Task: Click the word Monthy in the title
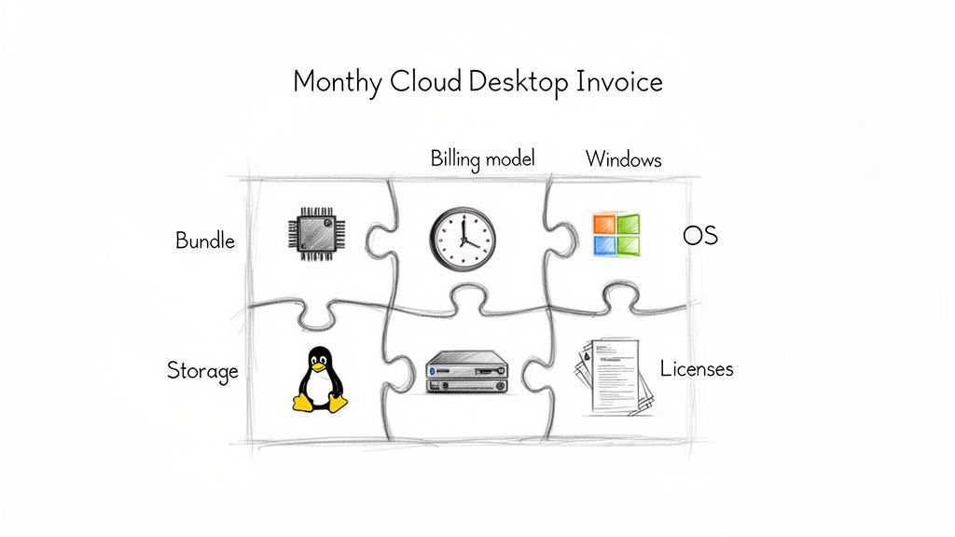tap(337, 82)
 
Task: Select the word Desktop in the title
tap(518, 82)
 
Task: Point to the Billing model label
tap(483, 158)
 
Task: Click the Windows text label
tap(623, 159)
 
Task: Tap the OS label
tap(700, 235)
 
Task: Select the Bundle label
tap(205, 241)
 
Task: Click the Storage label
tap(202, 370)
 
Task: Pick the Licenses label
tap(697, 368)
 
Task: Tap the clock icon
tap(463, 239)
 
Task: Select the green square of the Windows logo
tap(629, 224)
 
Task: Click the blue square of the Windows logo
tap(604, 246)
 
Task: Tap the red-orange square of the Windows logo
tap(604, 224)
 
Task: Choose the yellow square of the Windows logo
tap(629, 246)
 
